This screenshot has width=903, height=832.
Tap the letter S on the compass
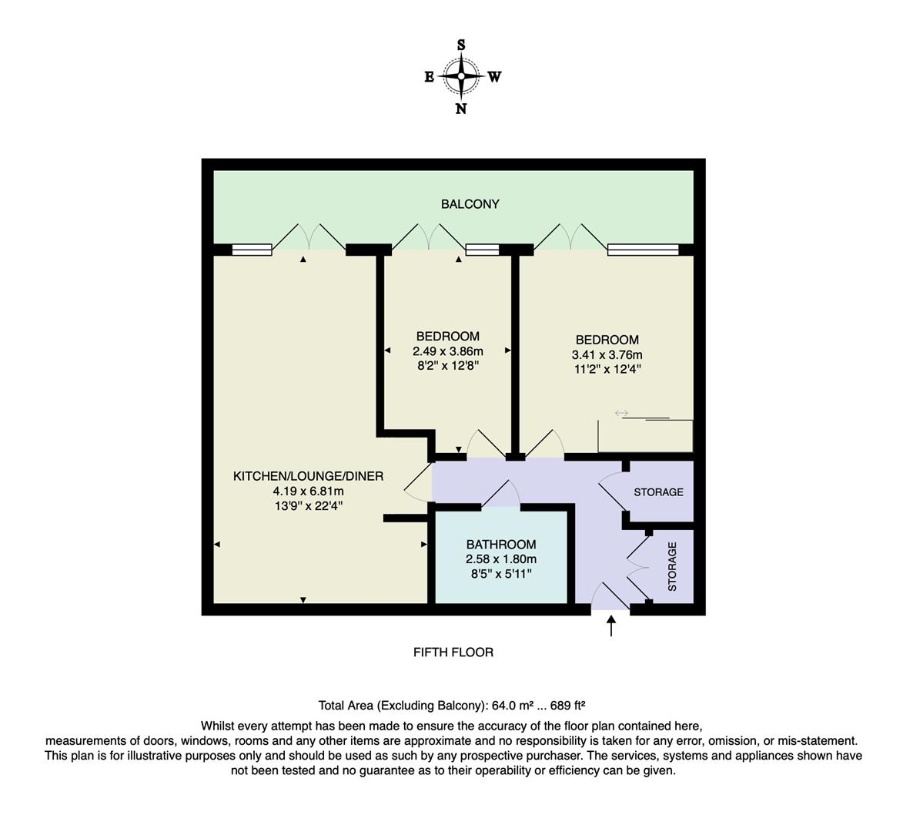461,45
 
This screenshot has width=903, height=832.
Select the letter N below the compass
461,109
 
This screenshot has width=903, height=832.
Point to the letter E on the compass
429,76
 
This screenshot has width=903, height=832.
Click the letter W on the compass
494,76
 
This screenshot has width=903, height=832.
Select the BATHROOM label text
500,545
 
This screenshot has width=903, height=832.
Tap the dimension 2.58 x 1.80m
500,559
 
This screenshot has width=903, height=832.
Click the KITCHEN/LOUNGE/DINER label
308,476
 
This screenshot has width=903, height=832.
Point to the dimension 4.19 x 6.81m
308,491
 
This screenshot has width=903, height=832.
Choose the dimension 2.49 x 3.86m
447,351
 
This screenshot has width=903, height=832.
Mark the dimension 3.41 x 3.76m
607,354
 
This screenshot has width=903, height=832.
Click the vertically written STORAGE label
672,566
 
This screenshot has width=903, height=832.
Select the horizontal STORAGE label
658,492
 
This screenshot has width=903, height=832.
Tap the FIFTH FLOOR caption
453,653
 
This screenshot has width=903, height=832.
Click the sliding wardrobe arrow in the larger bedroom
621,414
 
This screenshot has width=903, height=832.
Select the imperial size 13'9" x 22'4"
308,505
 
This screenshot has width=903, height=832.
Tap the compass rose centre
461,76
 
